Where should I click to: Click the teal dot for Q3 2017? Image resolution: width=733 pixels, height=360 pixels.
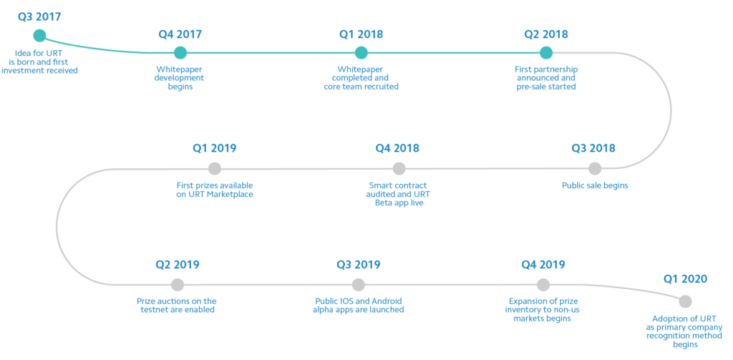(40, 36)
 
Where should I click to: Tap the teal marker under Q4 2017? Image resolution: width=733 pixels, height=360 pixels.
(180, 53)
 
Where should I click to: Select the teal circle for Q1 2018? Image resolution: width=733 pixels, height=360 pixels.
(361, 53)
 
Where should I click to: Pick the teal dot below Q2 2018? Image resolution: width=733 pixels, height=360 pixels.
(546, 53)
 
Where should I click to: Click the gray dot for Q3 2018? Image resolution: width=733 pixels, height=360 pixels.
(595, 168)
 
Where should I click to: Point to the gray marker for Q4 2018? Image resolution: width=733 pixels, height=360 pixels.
(399, 168)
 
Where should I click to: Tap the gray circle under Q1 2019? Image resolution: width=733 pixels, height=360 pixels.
(215, 168)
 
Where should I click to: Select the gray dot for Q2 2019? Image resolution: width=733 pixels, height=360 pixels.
(178, 284)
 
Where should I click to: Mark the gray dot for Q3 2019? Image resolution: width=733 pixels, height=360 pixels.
(358, 284)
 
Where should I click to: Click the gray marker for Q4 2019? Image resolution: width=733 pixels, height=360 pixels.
(543, 284)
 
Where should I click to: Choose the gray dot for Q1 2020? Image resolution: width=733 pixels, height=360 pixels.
(685, 301)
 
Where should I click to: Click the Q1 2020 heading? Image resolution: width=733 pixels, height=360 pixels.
(685, 279)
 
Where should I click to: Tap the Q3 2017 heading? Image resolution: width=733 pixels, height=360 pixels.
(39, 17)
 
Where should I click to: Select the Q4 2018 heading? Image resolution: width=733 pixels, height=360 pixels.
(397, 148)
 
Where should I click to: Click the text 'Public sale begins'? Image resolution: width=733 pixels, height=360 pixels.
(595, 185)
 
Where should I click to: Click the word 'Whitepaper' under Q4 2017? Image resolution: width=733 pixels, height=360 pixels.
(180, 69)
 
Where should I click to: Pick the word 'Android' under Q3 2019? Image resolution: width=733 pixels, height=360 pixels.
(386, 301)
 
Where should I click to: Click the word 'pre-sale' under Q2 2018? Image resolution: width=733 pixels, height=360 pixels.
(532, 87)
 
